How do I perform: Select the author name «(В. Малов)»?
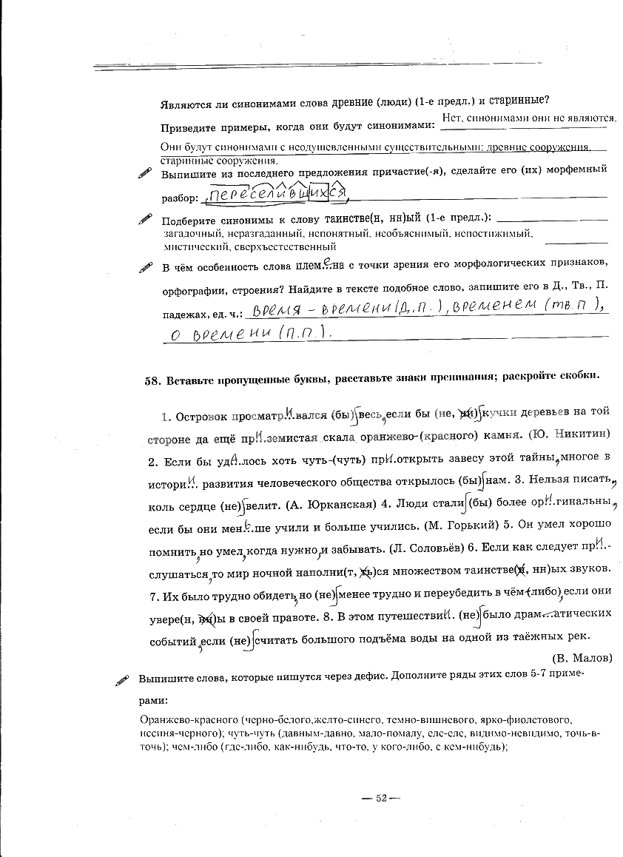tap(582, 657)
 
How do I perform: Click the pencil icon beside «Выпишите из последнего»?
tap(144, 173)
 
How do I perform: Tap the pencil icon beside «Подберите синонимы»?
tap(144, 220)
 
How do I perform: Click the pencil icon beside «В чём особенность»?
tap(144, 267)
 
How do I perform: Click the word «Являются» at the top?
tap(186, 101)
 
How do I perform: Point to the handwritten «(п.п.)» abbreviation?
tap(303, 335)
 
